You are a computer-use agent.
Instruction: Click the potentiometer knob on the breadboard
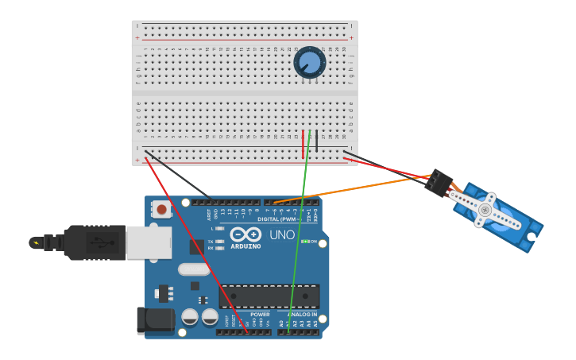tap(310, 62)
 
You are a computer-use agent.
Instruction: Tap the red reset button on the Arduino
tap(162, 210)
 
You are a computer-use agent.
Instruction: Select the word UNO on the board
tap(282, 235)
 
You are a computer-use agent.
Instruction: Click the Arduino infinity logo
tap(245, 234)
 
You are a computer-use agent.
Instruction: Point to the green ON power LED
tap(305, 241)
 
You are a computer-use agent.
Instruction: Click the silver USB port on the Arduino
tap(149, 242)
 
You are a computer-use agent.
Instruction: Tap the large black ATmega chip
tap(269, 296)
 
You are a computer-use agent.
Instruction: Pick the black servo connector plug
tap(438, 183)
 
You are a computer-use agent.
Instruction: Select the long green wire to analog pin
tap(299, 238)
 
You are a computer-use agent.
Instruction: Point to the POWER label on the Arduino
tap(260, 315)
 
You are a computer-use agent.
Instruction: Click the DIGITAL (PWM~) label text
tap(278, 219)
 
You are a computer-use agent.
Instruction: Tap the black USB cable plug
tap(95, 242)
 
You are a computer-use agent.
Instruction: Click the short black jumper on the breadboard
tap(317, 141)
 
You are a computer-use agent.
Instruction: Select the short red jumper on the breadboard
tap(303, 139)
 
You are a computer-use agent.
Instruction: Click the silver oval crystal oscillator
tap(193, 269)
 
